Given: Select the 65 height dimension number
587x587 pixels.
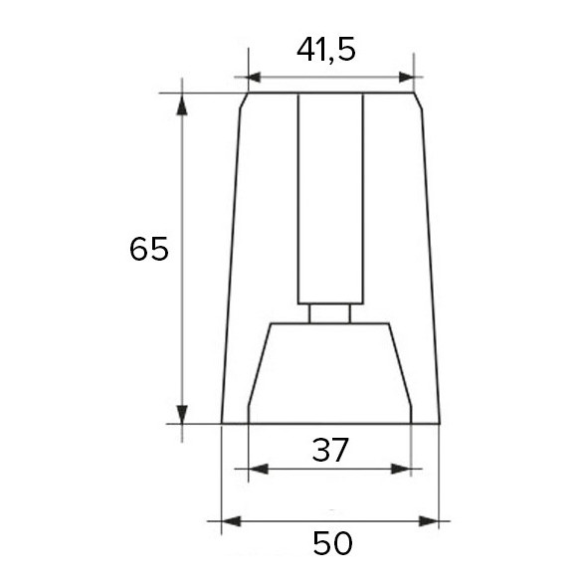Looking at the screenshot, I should [x=149, y=249].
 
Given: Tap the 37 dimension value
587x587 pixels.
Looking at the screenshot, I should [x=329, y=450].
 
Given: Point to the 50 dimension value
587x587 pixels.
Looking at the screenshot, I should [x=332, y=543].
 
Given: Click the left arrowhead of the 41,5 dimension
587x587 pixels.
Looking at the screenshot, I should [x=255, y=77].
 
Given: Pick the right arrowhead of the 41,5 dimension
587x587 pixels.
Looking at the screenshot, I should [x=406, y=77].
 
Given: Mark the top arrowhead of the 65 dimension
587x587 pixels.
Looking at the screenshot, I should [x=182, y=101].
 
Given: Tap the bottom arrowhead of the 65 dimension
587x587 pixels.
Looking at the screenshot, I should [x=182, y=415].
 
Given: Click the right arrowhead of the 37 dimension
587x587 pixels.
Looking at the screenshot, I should [x=403, y=468].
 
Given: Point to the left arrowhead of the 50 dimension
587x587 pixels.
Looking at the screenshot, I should [x=229, y=520].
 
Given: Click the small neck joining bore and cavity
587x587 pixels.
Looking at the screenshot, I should [x=329, y=313].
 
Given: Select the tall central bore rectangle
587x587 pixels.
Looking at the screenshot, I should [x=330, y=199].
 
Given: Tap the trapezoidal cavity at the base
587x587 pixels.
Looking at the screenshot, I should [x=329, y=373].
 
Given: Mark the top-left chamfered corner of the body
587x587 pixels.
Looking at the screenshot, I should [x=243, y=100].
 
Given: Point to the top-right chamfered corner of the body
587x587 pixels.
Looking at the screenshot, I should [x=417, y=100].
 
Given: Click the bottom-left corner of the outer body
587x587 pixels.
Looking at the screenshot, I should [x=222, y=423].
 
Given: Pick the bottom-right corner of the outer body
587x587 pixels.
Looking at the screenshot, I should [x=439, y=423].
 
